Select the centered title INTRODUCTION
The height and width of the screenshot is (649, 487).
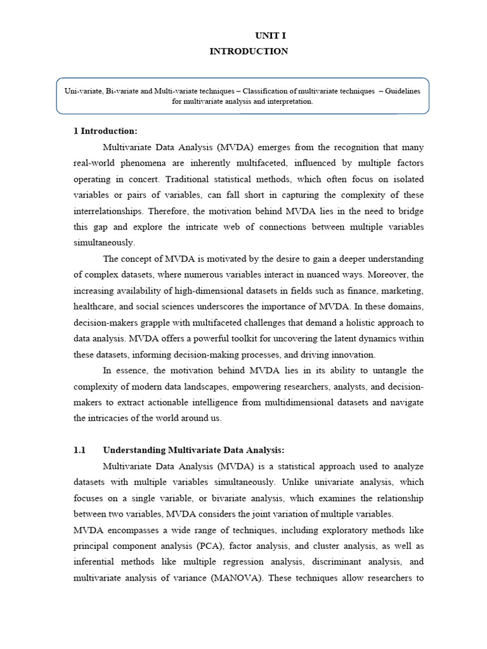pyautogui.click(x=249, y=51)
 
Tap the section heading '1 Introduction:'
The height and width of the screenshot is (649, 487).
pyautogui.click(x=105, y=131)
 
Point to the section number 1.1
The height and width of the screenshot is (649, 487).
pyautogui.click(x=79, y=450)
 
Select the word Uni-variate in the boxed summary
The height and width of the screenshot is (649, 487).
pyautogui.click(x=82, y=91)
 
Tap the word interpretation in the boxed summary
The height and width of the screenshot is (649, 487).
pyautogui.click(x=289, y=101)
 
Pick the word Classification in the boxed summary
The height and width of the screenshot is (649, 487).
pyautogui.click(x=252, y=91)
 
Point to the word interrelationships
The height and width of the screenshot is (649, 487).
pyautogui.click(x=110, y=210)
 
